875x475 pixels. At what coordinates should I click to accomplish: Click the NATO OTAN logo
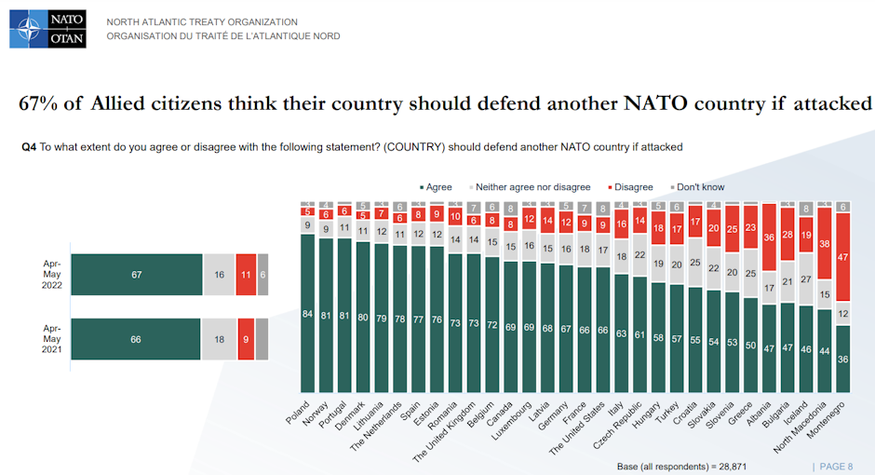point(47,29)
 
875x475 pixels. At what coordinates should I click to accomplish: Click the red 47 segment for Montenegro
point(843,256)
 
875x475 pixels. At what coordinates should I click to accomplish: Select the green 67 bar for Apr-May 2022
point(136,275)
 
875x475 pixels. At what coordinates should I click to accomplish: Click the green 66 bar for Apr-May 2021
point(136,339)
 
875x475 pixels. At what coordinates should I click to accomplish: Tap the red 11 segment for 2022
point(245,275)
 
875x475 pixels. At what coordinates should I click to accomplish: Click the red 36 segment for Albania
point(770,237)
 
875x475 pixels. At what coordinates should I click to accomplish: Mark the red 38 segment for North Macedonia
point(824,243)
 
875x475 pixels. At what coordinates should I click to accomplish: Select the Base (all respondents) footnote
point(681,466)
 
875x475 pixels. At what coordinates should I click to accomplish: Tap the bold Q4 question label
point(29,147)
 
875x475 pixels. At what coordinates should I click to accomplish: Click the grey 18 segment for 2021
point(218,339)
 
